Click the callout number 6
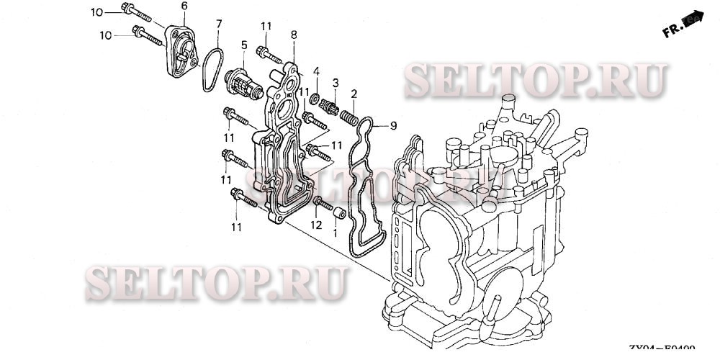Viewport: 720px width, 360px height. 184,6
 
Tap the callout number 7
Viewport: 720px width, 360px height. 219,24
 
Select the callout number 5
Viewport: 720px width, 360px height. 244,45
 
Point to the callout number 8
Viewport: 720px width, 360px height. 294,35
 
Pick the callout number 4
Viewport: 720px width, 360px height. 315,71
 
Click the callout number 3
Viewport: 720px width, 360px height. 335,83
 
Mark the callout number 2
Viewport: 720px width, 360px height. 354,94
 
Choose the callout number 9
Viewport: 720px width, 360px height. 393,125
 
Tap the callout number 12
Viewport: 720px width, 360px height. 315,225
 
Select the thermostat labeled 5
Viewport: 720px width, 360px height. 243,81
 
